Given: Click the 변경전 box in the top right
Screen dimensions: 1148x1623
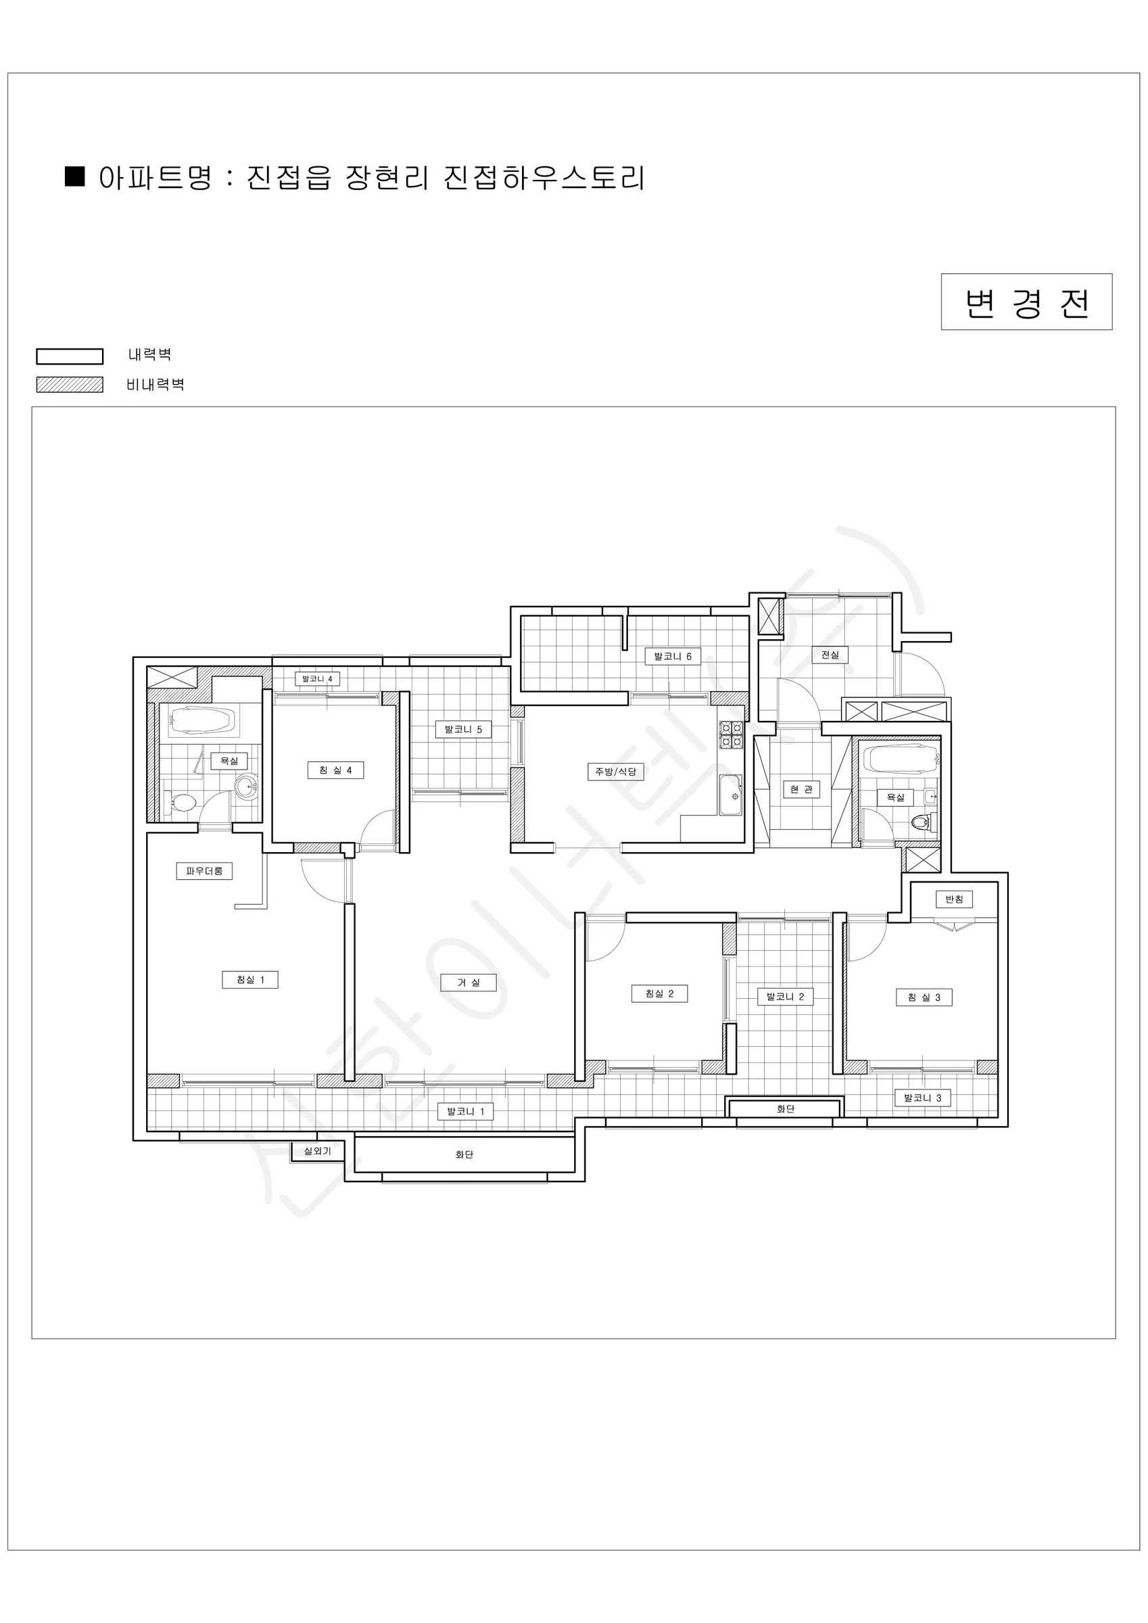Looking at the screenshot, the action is tap(1026, 302).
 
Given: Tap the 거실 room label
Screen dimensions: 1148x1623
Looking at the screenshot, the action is tap(468, 983).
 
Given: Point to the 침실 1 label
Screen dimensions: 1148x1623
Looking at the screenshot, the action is tap(250, 980).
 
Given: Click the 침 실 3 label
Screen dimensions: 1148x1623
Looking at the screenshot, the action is tap(924, 997).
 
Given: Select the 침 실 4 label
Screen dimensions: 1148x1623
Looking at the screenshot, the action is tap(336, 770).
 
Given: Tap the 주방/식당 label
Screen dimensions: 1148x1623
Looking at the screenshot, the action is tap(616, 772).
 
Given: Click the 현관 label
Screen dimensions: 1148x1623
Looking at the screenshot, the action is tap(802, 790).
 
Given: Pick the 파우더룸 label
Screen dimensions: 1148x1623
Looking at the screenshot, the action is tap(204, 871).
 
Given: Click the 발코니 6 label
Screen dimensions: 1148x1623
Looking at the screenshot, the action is tap(673, 657).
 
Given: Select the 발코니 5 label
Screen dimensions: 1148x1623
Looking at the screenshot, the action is tap(464, 730).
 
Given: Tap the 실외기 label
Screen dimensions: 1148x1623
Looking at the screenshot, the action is tap(317, 1152).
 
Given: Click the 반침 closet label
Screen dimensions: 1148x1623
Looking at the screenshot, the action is tap(955, 899).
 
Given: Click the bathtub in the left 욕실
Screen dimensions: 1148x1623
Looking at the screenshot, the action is tap(201, 722).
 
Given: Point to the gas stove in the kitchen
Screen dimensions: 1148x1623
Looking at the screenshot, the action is tap(731, 735).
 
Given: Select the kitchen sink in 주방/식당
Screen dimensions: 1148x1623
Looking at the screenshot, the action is tap(731, 795).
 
